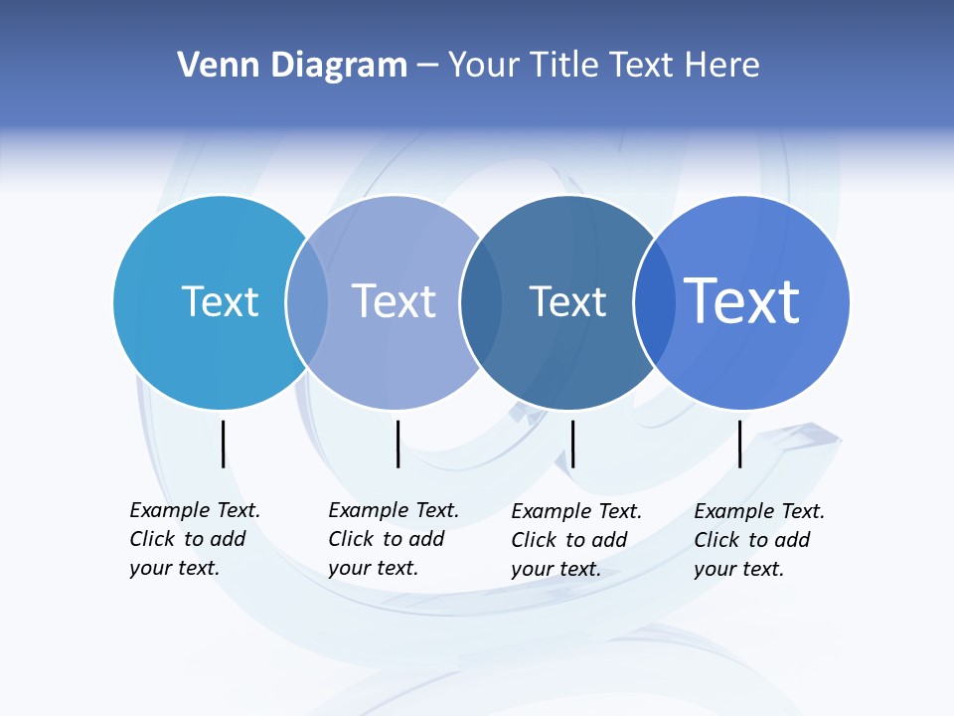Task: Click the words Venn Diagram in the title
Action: (x=292, y=65)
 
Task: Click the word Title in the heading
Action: (x=562, y=65)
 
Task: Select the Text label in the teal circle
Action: (x=220, y=301)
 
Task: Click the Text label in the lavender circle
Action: (x=394, y=301)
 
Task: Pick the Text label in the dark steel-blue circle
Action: (x=567, y=301)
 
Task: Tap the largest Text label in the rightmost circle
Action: (x=742, y=300)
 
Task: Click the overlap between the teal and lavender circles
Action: (x=307, y=302)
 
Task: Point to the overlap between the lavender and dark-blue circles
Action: (x=481, y=302)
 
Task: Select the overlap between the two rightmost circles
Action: (x=654, y=302)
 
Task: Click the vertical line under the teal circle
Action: (x=224, y=444)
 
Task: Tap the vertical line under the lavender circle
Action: (x=397, y=444)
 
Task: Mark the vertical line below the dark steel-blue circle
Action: (x=572, y=444)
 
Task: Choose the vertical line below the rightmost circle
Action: (x=740, y=444)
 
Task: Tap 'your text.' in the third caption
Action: (x=556, y=569)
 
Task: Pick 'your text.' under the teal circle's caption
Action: (x=174, y=568)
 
